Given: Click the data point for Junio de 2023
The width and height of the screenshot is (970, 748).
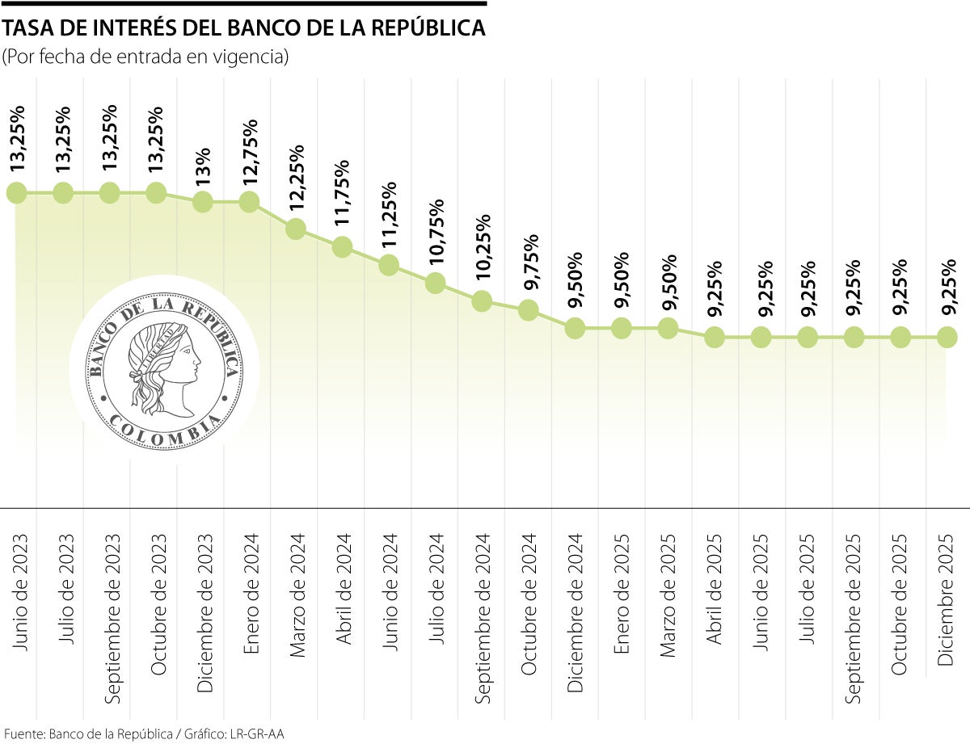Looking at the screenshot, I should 17,193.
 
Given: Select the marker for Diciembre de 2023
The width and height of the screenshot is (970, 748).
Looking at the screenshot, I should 203,202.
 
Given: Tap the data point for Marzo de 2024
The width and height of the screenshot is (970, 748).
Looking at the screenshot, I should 296,229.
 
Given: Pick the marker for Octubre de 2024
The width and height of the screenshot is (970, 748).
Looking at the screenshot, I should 528,309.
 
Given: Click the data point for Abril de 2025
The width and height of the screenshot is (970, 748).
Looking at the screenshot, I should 715,338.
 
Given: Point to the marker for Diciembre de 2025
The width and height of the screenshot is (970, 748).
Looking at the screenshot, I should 947,338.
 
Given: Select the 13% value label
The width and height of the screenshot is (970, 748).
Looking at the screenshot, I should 204,166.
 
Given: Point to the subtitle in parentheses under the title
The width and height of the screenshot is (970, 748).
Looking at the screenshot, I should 145,58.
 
